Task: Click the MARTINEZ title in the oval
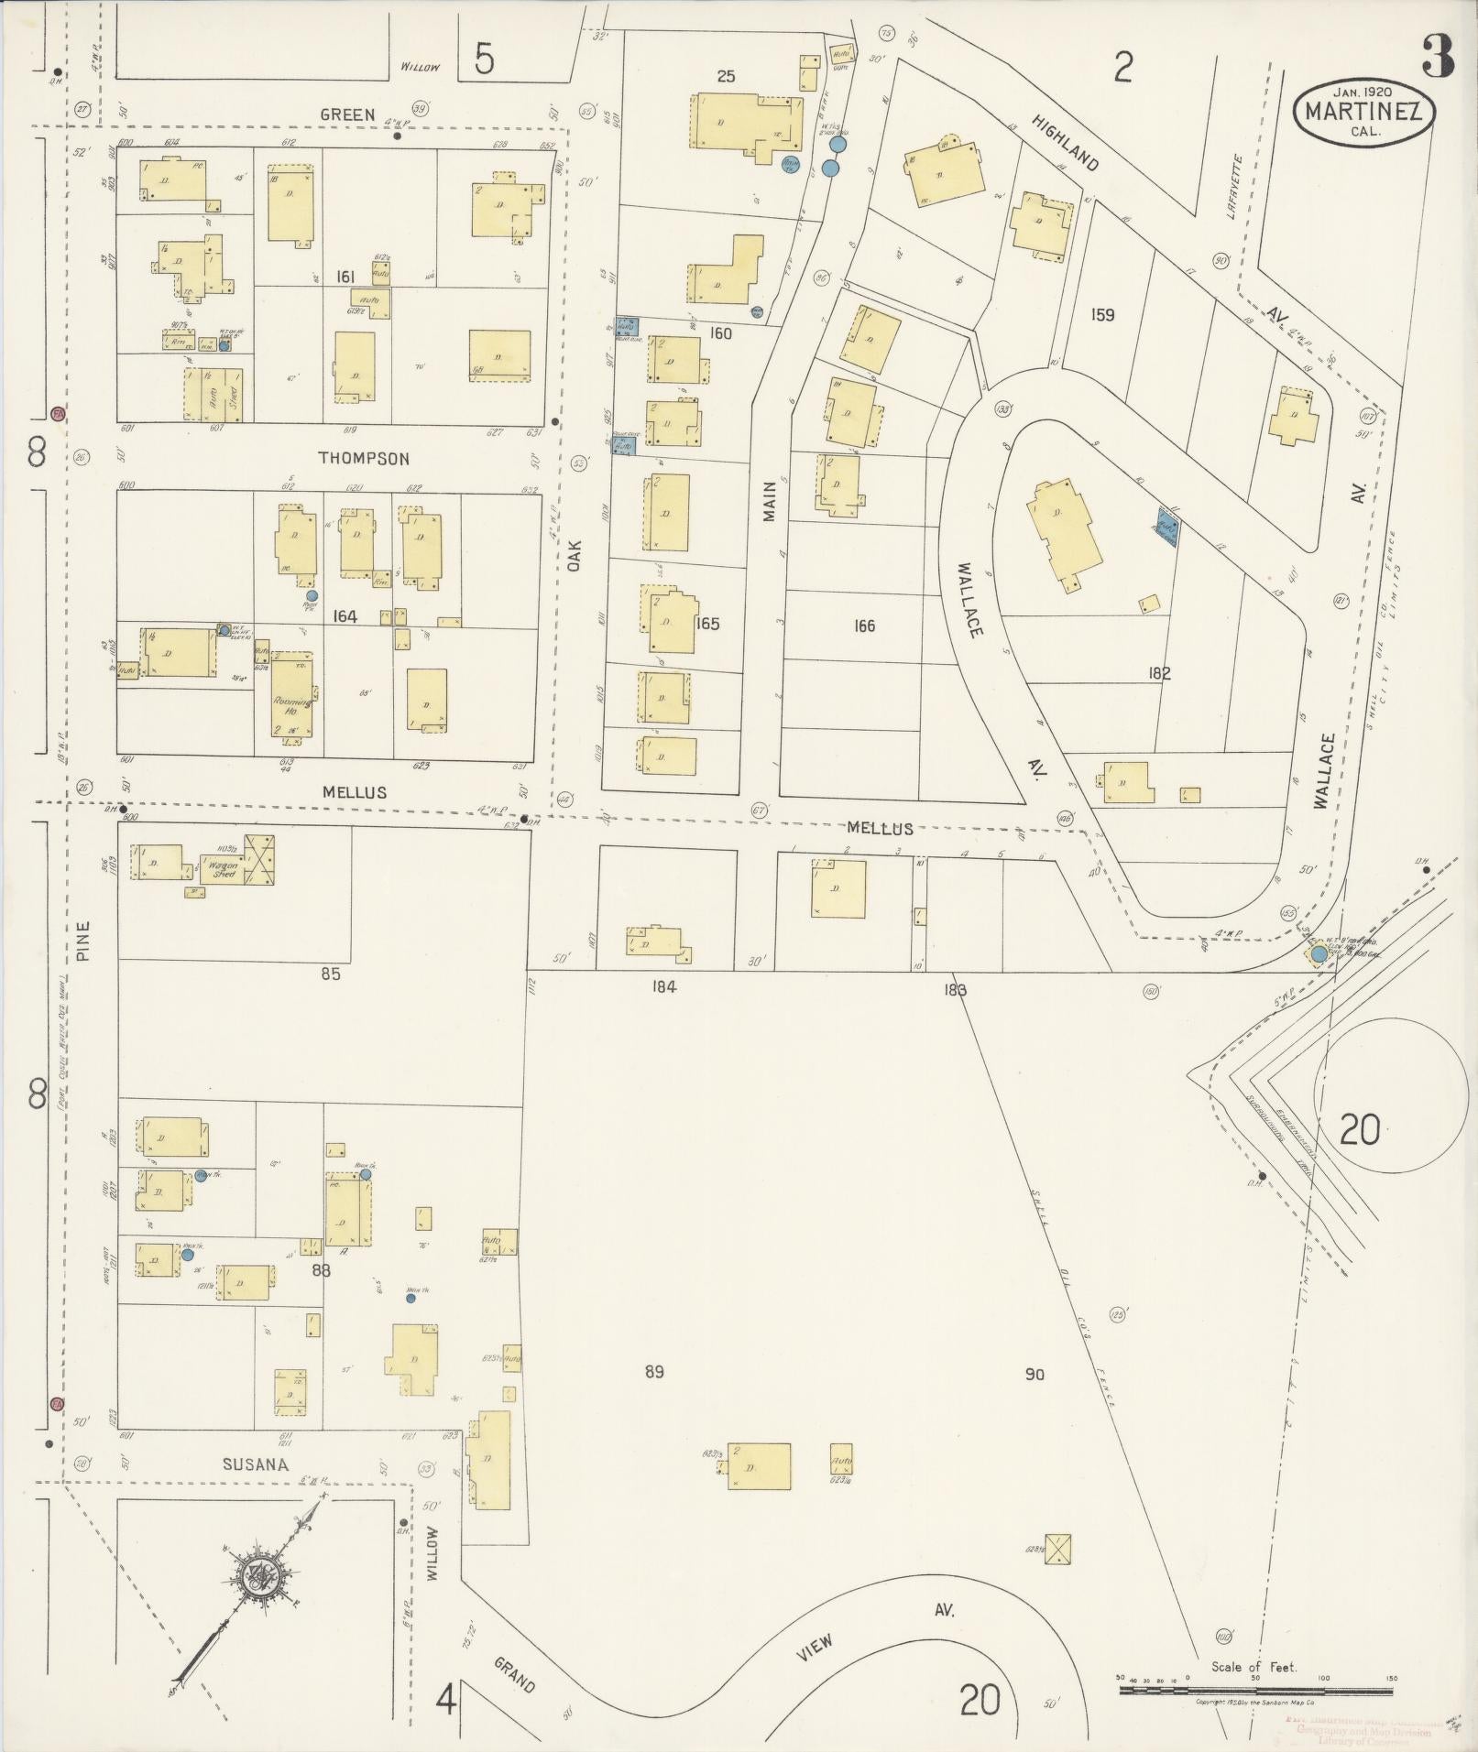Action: (x=1363, y=113)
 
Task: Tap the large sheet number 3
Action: (x=1439, y=57)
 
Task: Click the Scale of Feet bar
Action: (x=1254, y=1689)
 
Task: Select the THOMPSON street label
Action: (x=364, y=459)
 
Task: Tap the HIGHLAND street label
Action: (x=1065, y=143)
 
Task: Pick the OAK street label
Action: (x=575, y=555)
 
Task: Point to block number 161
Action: (x=345, y=277)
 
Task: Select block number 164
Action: (x=345, y=617)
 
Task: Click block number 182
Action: (x=1159, y=673)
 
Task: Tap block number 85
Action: (x=331, y=974)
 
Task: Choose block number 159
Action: (x=1102, y=315)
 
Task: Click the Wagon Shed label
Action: (x=224, y=870)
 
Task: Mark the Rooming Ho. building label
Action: (x=291, y=705)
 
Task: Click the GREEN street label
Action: (x=347, y=114)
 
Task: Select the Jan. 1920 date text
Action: (x=1363, y=92)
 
